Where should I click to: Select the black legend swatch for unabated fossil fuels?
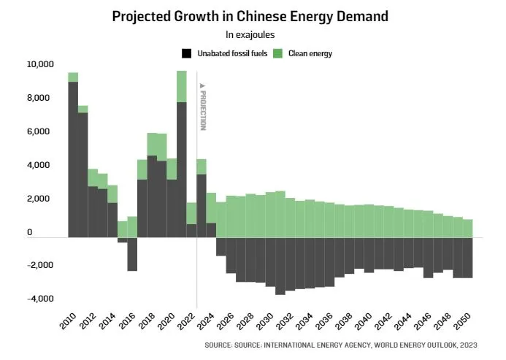187,53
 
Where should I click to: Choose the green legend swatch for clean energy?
278,53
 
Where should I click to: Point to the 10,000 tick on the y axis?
40,64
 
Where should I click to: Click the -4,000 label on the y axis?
41,299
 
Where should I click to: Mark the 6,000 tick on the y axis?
41,131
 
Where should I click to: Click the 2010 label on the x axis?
68,319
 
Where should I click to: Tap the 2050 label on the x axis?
464,319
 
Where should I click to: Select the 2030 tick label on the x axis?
266,319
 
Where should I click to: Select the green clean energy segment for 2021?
182,86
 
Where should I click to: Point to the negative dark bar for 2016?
132,254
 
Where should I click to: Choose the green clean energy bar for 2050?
469,229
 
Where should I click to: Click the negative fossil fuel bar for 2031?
280,266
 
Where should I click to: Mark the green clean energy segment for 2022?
191,212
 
